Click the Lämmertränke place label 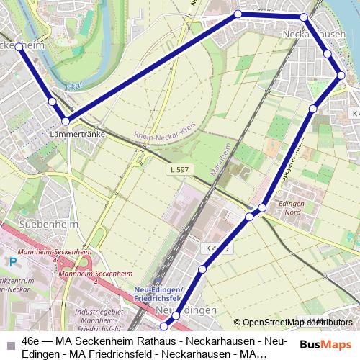point(79,135)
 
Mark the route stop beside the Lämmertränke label point(66,121)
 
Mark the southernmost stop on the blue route point(163,326)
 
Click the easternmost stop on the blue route point(341,75)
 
